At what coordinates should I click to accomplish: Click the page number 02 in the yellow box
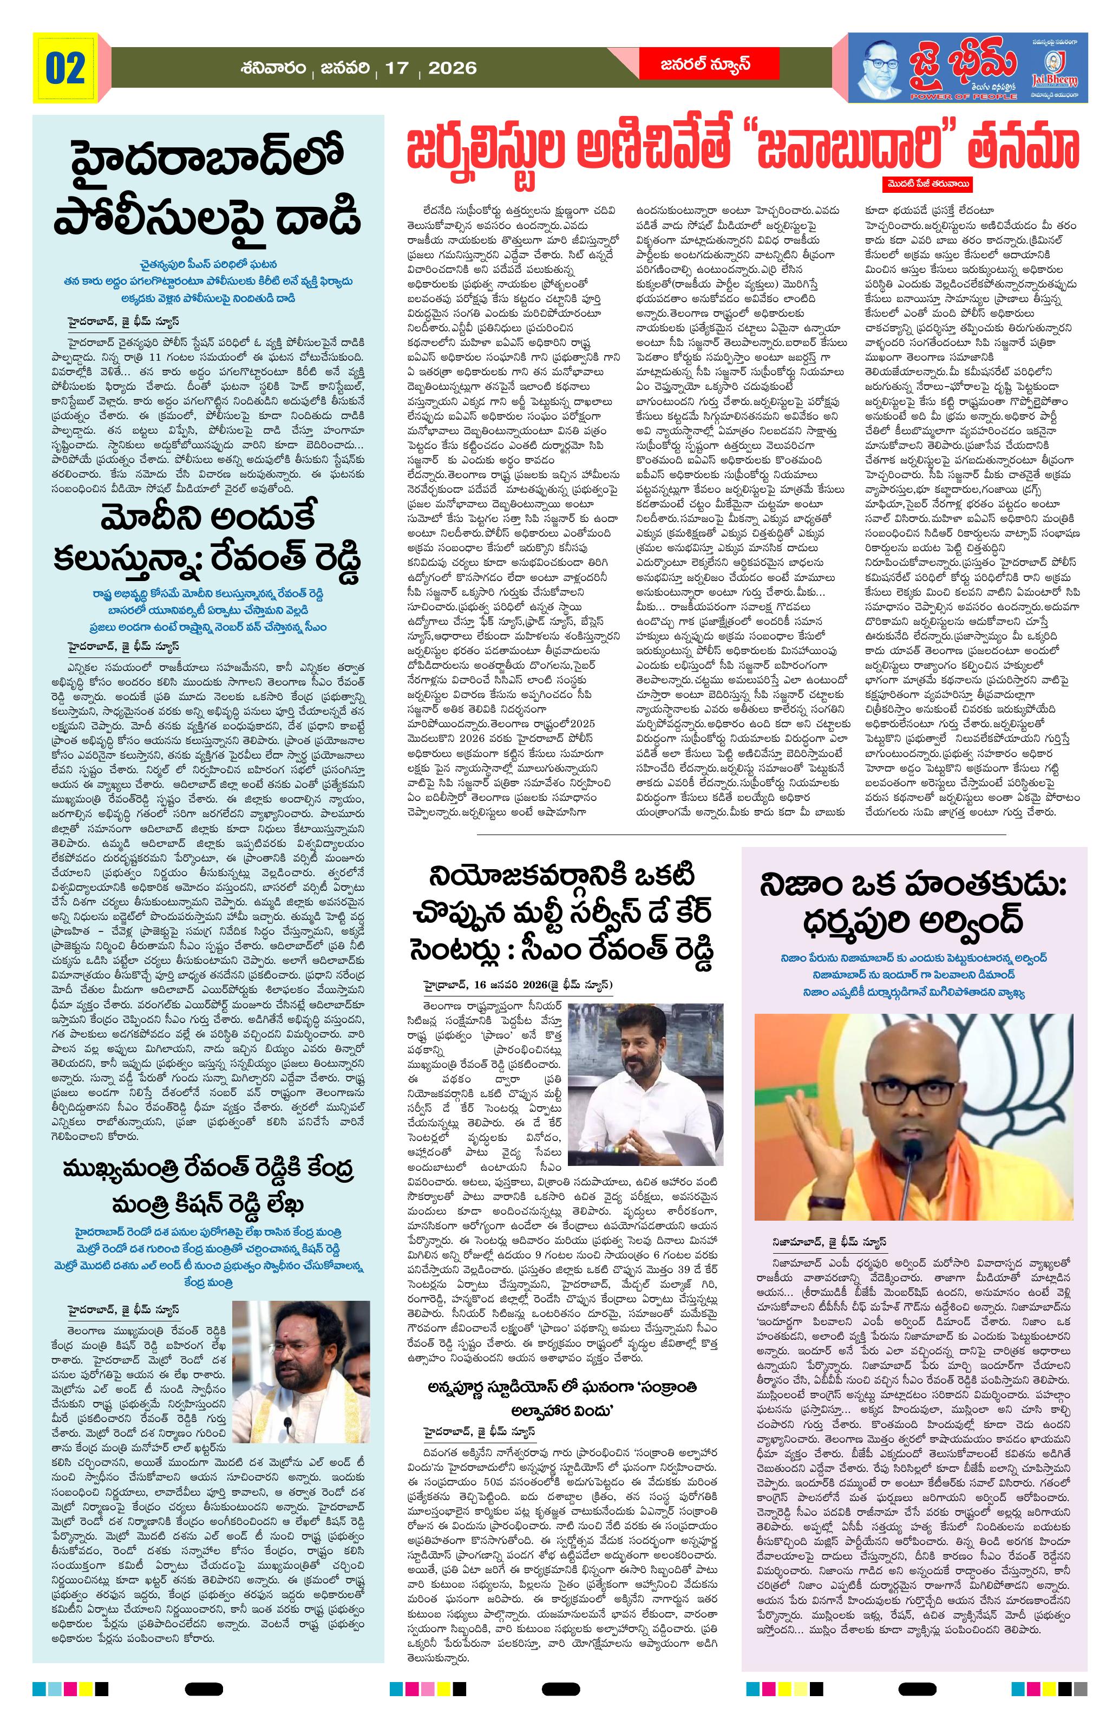(x=66, y=68)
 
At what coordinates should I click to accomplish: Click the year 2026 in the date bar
(x=452, y=68)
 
